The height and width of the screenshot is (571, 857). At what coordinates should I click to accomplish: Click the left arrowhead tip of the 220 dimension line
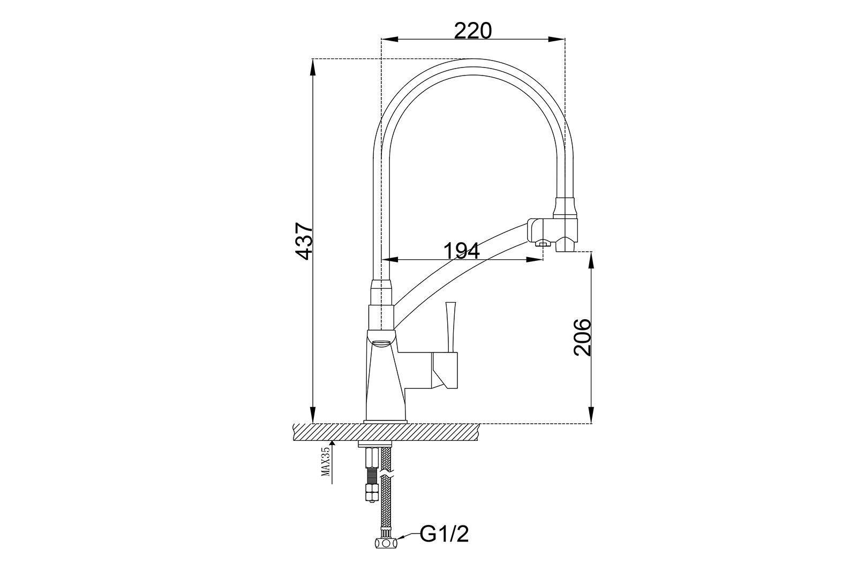click(x=381, y=39)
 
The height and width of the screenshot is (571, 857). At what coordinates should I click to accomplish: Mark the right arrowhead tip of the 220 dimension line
click(x=565, y=39)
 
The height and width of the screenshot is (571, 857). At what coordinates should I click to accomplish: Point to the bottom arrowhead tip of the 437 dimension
click(x=313, y=423)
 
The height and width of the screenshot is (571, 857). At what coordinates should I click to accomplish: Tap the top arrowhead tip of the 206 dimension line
click(x=591, y=252)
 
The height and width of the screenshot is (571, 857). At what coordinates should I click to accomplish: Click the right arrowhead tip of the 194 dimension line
click(x=543, y=259)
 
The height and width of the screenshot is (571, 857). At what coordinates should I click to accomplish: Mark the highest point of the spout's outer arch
click(x=473, y=58)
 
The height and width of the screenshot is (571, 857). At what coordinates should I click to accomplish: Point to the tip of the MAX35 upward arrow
click(x=332, y=440)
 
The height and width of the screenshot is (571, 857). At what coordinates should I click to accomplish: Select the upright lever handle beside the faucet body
click(x=450, y=327)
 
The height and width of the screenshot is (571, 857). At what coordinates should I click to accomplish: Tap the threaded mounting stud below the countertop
click(x=371, y=475)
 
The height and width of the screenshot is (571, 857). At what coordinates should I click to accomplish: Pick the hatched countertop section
click(x=386, y=432)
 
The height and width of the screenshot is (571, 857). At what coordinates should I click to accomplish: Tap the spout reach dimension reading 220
click(x=473, y=31)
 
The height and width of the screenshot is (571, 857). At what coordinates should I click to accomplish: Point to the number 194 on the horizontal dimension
click(x=462, y=251)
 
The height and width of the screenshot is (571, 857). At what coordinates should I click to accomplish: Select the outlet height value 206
click(x=582, y=337)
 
